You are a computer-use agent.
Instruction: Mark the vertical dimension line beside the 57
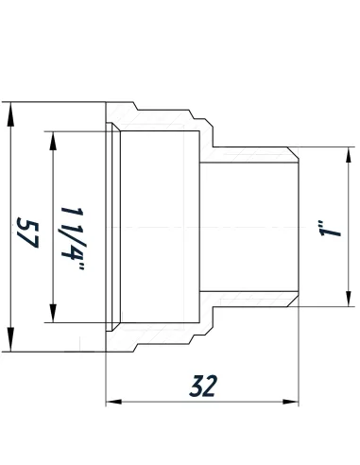point(11,284)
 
